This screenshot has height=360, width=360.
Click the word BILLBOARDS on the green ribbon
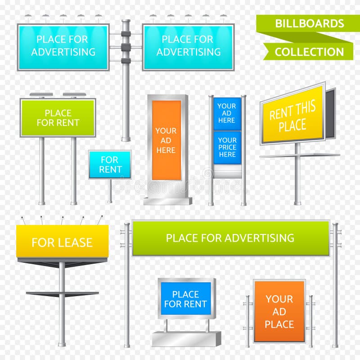click(309, 23)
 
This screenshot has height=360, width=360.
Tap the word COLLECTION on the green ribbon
click(309, 52)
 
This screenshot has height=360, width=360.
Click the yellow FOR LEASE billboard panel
click(62, 242)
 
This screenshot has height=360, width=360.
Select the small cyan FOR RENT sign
click(110, 165)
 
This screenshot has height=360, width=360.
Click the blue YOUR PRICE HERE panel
click(227, 147)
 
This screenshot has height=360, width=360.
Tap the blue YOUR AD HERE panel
click(227, 113)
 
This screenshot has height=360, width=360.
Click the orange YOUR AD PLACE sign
click(279, 311)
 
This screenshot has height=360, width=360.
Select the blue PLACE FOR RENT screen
click(185, 299)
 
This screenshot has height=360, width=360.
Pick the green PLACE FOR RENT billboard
click(58, 118)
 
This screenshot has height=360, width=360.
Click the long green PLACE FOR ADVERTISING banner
click(230, 238)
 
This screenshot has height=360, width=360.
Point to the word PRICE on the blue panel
click(227, 147)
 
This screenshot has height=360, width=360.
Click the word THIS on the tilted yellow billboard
click(306, 108)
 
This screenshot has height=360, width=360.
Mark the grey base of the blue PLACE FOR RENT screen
click(186, 339)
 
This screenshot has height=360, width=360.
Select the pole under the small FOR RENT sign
click(110, 191)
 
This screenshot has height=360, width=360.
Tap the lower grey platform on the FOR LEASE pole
click(62, 294)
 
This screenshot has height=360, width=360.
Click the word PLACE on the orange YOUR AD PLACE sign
click(279, 324)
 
